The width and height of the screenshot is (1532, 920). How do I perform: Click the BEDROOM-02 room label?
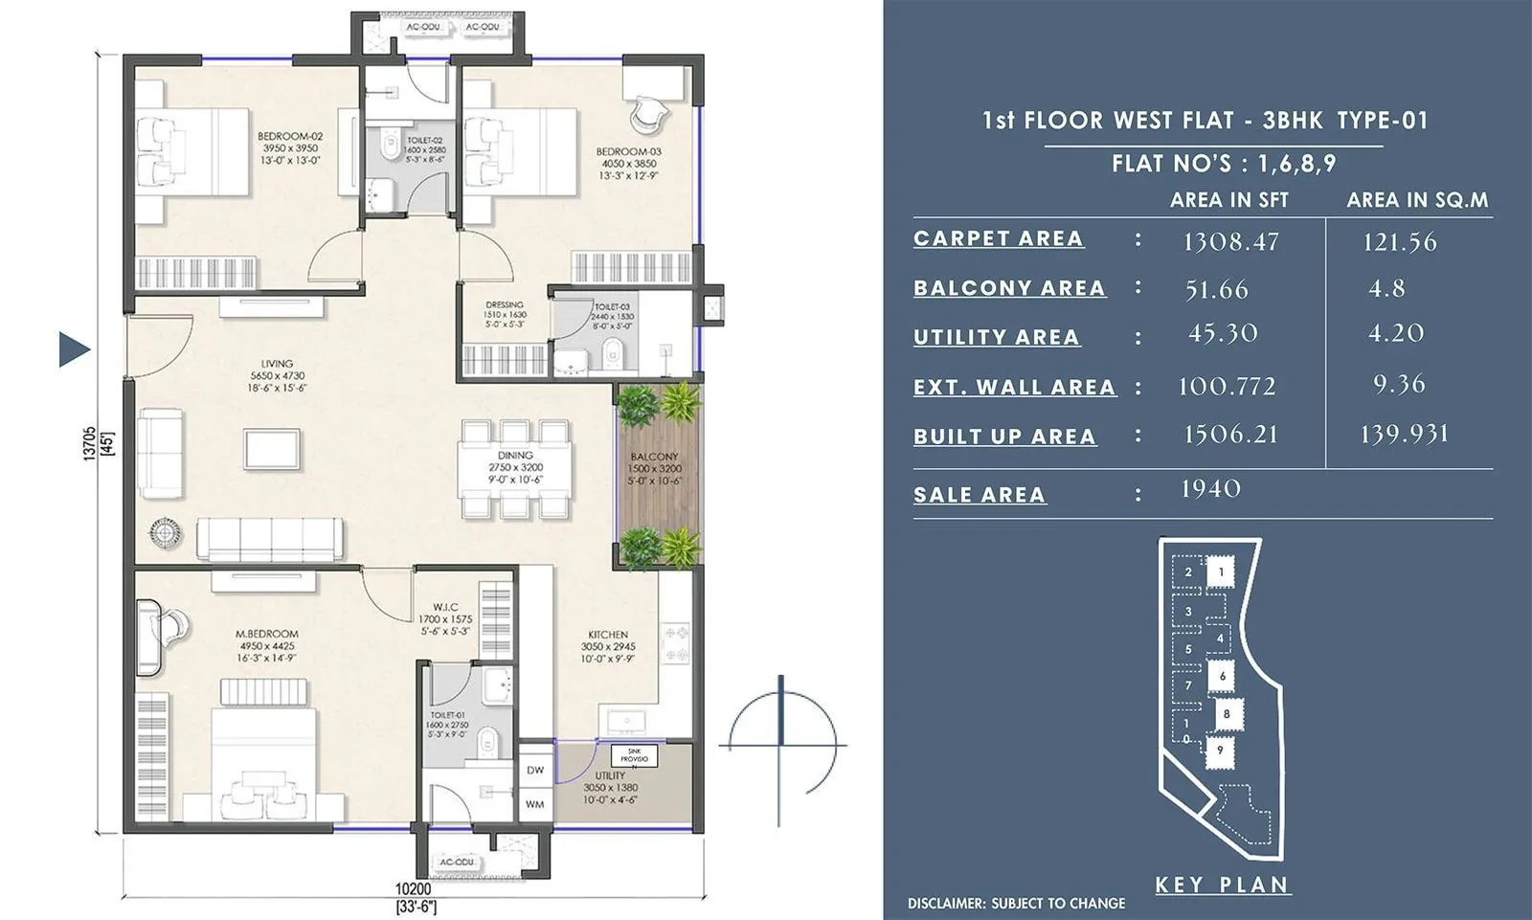coord(290,137)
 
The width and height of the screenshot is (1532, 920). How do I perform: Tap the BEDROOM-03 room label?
coord(628,152)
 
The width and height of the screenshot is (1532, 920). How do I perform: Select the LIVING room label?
coord(278,364)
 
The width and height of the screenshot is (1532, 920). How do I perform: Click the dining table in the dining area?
coord(515,469)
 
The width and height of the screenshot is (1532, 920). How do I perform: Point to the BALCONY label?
coord(655,458)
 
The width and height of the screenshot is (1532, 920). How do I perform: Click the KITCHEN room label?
coord(608,635)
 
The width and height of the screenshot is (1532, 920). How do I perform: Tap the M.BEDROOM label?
coord(267,634)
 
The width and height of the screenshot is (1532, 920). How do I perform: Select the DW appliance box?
coord(535,770)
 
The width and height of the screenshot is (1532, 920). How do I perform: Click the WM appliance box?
coord(535,804)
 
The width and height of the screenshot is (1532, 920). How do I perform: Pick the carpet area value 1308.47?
coord(1230,242)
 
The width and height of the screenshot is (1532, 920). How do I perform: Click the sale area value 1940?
coord(1210,489)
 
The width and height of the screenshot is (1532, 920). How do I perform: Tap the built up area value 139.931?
coord(1404,435)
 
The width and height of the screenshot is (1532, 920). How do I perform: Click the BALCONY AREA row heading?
coord(1009,288)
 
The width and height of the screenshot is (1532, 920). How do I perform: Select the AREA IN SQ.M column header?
coord(1417,200)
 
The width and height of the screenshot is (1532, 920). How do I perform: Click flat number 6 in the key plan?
coord(1222,676)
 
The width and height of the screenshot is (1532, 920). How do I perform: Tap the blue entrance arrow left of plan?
coord(74,349)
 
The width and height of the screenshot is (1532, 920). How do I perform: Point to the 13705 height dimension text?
coord(89,443)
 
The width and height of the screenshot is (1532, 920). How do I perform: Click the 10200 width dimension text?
coord(415,889)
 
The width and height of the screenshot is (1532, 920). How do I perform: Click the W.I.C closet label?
coord(445,607)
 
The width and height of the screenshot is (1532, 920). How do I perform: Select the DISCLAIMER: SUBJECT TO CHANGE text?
coord(1016,903)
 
